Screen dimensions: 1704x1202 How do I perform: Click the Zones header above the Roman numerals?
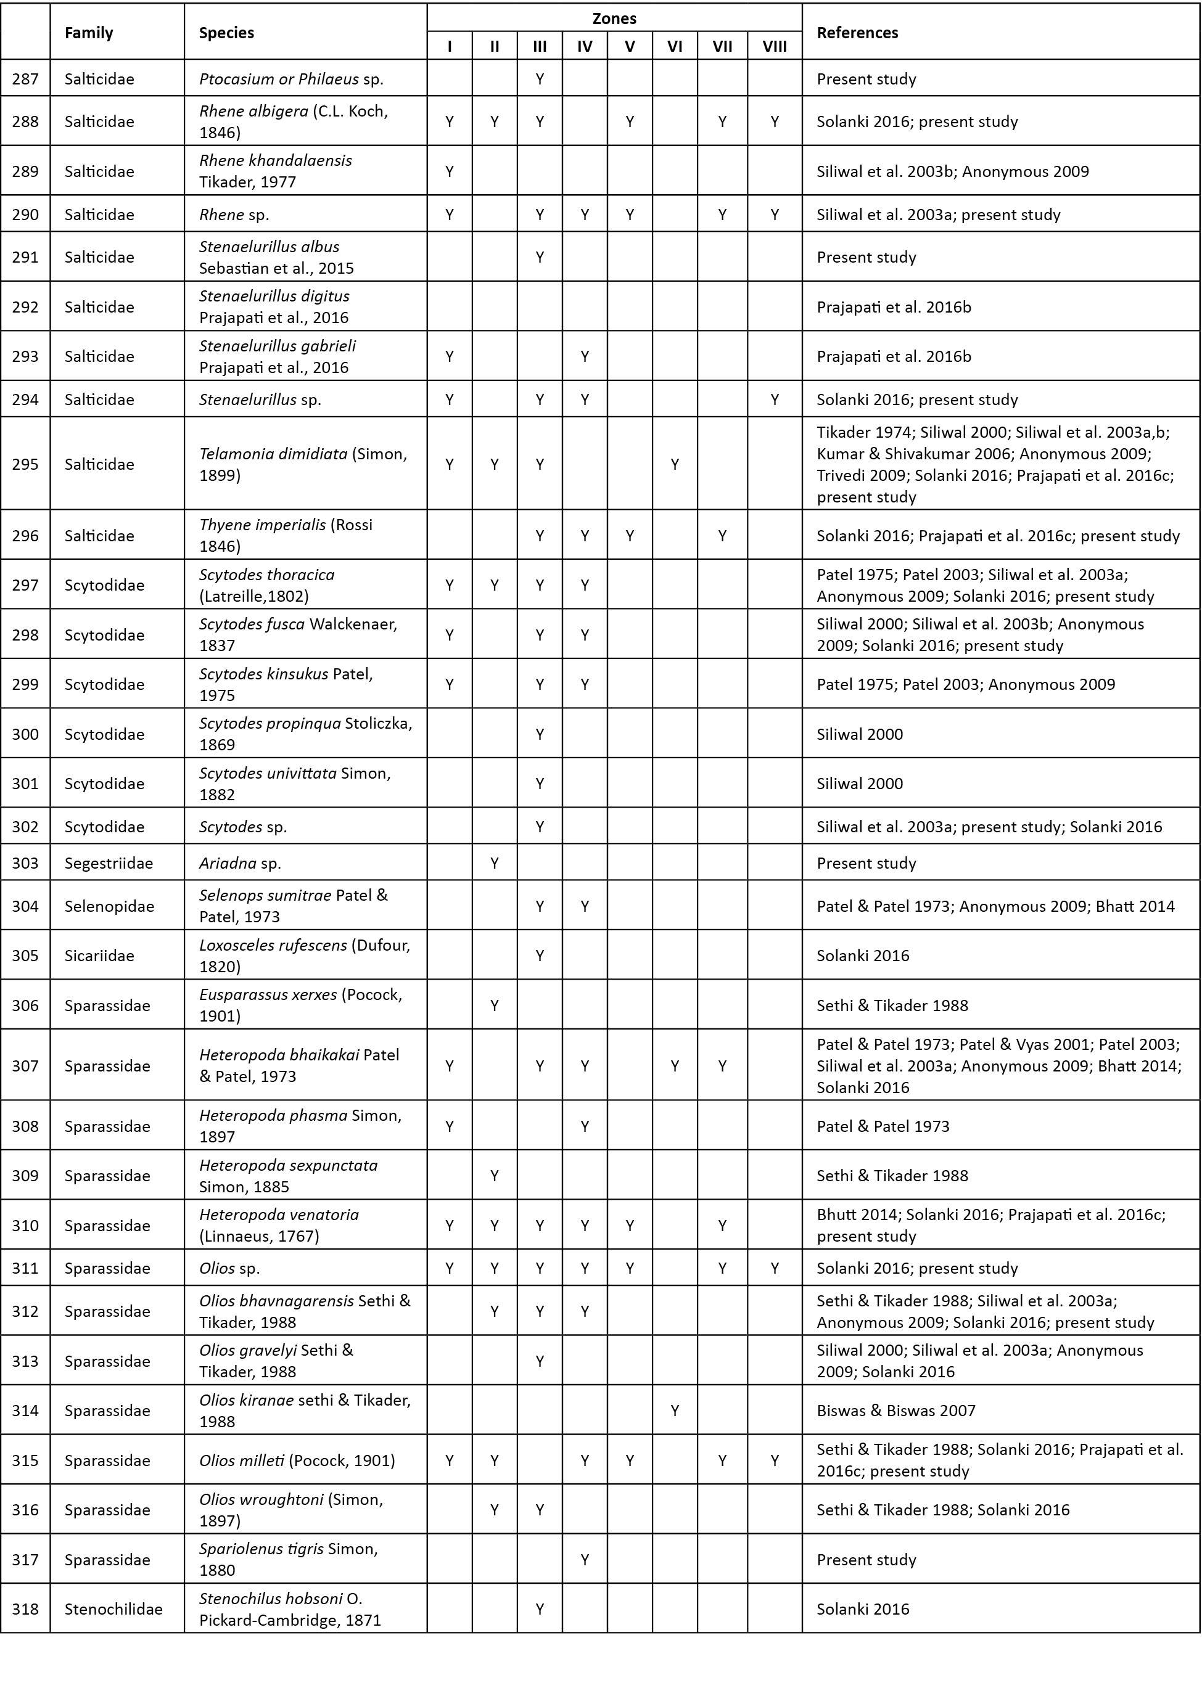pyautogui.click(x=614, y=18)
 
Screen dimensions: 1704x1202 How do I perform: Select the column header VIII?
pyautogui.click(x=775, y=47)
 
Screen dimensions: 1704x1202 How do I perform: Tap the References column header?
pyautogui.click(x=857, y=33)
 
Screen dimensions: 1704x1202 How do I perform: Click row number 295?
pyautogui.click(x=25, y=464)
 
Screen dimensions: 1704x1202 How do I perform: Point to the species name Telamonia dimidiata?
pyautogui.click(x=273, y=454)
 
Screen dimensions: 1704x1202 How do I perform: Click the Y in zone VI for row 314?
pyautogui.click(x=674, y=1410)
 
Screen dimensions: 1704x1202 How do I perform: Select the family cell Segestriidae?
pyautogui.click(x=109, y=863)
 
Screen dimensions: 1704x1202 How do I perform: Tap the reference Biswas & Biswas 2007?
pyautogui.click(x=896, y=1410)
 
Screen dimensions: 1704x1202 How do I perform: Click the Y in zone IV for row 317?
pyautogui.click(x=584, y=1559)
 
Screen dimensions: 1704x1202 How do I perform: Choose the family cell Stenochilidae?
pyautogui.click(x=113, y=1609)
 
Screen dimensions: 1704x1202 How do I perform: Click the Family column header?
pyautogui.click(x=89, y=33)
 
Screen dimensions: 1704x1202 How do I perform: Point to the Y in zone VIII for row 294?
pyautogui.click(x=775, y=399)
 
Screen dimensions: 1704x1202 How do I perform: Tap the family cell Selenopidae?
pyautogui.click(x=109, y=906)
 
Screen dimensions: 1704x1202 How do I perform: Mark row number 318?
pyautogui.click(x=25, y=1609)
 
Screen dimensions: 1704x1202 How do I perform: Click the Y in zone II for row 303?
pyautogui.click(x=495, y=863)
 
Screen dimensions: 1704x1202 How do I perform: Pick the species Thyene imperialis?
pyautogui.click(x=263, y=525)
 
